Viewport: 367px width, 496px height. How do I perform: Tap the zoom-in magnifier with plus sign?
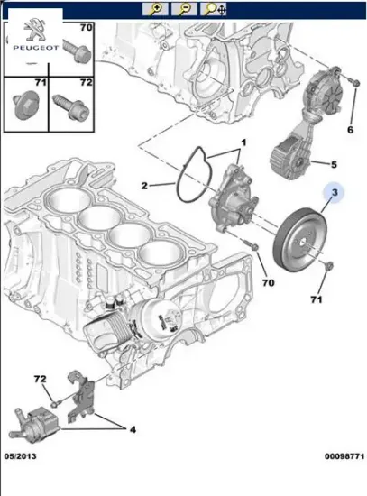coord(155,10)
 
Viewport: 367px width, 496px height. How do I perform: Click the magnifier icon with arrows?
coord(213,10)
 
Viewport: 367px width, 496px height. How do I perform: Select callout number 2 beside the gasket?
coord(144,186)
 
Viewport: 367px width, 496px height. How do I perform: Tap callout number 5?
coord(333,164)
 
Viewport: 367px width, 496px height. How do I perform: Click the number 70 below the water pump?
coord(267,282)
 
